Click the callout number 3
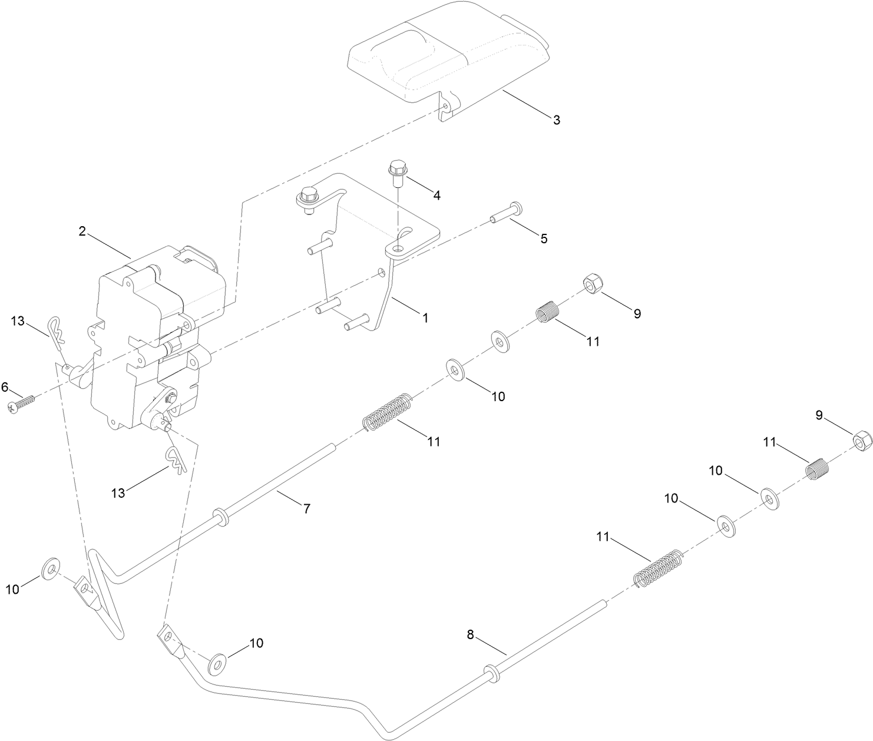click(x=556, y=120)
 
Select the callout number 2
click(x=82, y=231)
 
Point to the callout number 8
click(x=470, y=635)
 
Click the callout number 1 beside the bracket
click(x=424, y=317)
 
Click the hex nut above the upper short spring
click(x=591, y=284)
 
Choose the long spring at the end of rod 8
click(x=658, y=568)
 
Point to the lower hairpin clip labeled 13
click(x=176, y=459)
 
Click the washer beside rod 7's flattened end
click(x=50, y=568)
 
